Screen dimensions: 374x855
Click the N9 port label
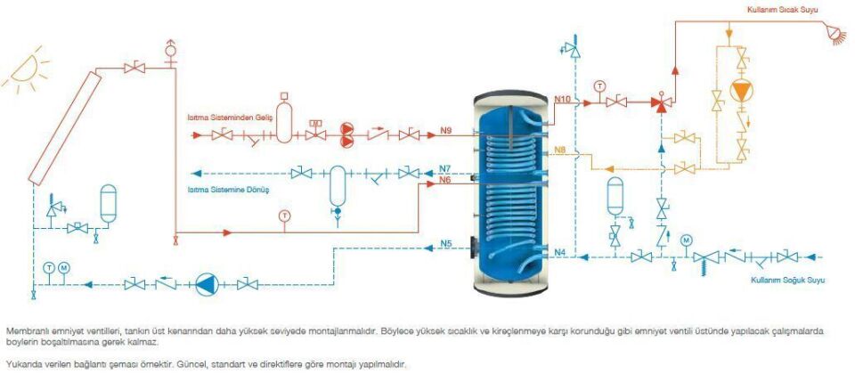[x=446, y=130]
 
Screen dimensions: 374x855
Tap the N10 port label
[x=563, y=99]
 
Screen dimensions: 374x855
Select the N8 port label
[x=559, y=150]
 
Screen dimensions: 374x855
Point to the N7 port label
[x=446, y=167]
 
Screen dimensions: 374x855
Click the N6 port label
[x=446, y=181]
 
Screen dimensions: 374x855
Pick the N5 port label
[x=446, y=243]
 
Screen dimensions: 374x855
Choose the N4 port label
[x=559, y=253]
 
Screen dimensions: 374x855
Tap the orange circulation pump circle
[x=740, y=93]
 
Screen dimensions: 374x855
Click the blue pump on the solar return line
[x=206, y=284]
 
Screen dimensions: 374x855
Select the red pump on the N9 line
[x=346, y=134]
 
